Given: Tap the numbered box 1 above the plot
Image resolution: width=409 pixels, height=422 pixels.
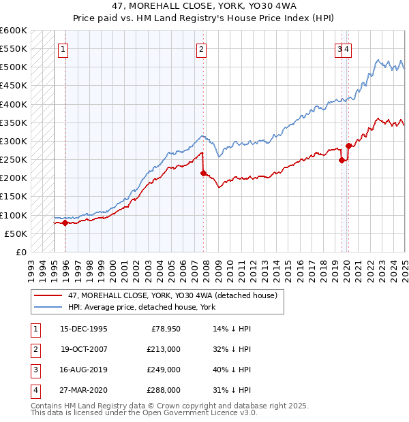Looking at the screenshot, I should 63,48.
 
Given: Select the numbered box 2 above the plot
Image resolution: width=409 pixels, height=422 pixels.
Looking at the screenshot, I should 202,48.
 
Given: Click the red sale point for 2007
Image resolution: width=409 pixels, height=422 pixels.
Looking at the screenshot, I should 203,174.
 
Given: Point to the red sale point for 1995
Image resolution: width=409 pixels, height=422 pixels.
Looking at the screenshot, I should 65,223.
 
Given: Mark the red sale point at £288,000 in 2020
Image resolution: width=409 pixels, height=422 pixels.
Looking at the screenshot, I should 348,146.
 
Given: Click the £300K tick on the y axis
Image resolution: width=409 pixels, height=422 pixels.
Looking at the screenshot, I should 14,141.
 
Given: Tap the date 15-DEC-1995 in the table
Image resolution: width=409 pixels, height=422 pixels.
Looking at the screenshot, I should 84,329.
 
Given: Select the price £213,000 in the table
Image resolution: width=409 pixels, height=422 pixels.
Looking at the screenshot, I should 163,349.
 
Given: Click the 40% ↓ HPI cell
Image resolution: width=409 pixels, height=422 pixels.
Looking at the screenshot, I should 232,370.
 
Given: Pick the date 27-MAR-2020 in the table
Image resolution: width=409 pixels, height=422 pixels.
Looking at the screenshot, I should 84,390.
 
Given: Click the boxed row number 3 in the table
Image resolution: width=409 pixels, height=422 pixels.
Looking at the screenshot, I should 34,370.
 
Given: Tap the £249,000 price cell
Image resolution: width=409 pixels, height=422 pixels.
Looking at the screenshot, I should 163,370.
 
